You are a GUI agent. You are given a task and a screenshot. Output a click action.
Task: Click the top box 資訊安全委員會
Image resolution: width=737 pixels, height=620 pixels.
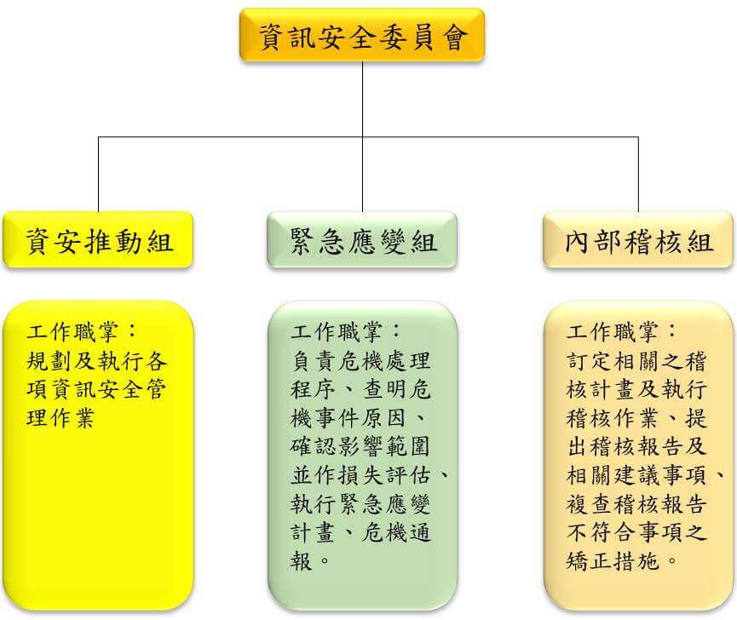click(x=362, y=35)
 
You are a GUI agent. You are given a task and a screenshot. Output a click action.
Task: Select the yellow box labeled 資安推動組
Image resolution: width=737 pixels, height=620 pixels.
click(x=98, y=240)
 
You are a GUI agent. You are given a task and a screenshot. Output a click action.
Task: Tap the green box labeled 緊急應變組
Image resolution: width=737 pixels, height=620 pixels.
click(x=362, y=240)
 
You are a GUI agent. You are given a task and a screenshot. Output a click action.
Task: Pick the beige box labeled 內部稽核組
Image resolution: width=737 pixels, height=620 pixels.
click(x=638, y=240)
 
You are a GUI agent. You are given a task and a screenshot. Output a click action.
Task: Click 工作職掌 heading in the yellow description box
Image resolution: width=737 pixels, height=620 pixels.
click(x=72, y=332)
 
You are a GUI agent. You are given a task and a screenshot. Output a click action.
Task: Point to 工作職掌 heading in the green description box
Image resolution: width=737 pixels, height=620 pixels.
click(x=337, y=332)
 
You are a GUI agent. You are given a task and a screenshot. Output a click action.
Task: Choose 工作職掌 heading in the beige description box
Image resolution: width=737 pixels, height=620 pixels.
click(x=612, y=332)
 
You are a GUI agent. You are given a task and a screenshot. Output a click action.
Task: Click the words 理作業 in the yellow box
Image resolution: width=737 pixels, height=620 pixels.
click(x=60, y=418)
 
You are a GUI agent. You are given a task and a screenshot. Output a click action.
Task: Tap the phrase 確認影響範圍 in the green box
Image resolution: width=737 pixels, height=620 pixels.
click(x=360, y=446)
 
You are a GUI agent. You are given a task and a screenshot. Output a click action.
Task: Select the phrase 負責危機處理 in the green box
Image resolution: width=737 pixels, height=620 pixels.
click(x=360, y=361)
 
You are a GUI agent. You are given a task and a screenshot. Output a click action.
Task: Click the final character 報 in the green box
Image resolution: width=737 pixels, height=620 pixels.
click(x=302, y=561)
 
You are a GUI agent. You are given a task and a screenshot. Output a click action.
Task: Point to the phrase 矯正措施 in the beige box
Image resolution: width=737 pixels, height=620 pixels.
click(x=613, y=561)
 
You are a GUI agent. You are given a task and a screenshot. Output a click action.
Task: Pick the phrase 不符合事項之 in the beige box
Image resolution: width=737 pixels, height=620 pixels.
click(x=636, y=532)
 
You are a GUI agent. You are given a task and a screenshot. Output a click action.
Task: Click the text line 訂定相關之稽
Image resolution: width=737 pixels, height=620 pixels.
click(x=636, y=361)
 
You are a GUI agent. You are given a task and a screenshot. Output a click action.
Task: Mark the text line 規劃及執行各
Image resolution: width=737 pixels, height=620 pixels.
click(x=97, y=361)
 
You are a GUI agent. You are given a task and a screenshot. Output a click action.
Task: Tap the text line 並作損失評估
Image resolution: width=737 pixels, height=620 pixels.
click(x=360, y=475)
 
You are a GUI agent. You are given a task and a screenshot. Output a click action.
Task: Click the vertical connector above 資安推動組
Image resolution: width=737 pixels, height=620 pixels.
click(x=98, y=175)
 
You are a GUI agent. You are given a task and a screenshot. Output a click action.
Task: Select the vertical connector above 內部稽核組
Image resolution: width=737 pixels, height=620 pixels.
click(x=638, y=175)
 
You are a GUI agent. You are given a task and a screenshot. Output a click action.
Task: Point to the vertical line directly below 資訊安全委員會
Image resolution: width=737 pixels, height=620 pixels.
click(x=362, y=136)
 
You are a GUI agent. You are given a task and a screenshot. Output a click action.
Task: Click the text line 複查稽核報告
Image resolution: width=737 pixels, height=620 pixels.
click(x=636, y=503)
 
